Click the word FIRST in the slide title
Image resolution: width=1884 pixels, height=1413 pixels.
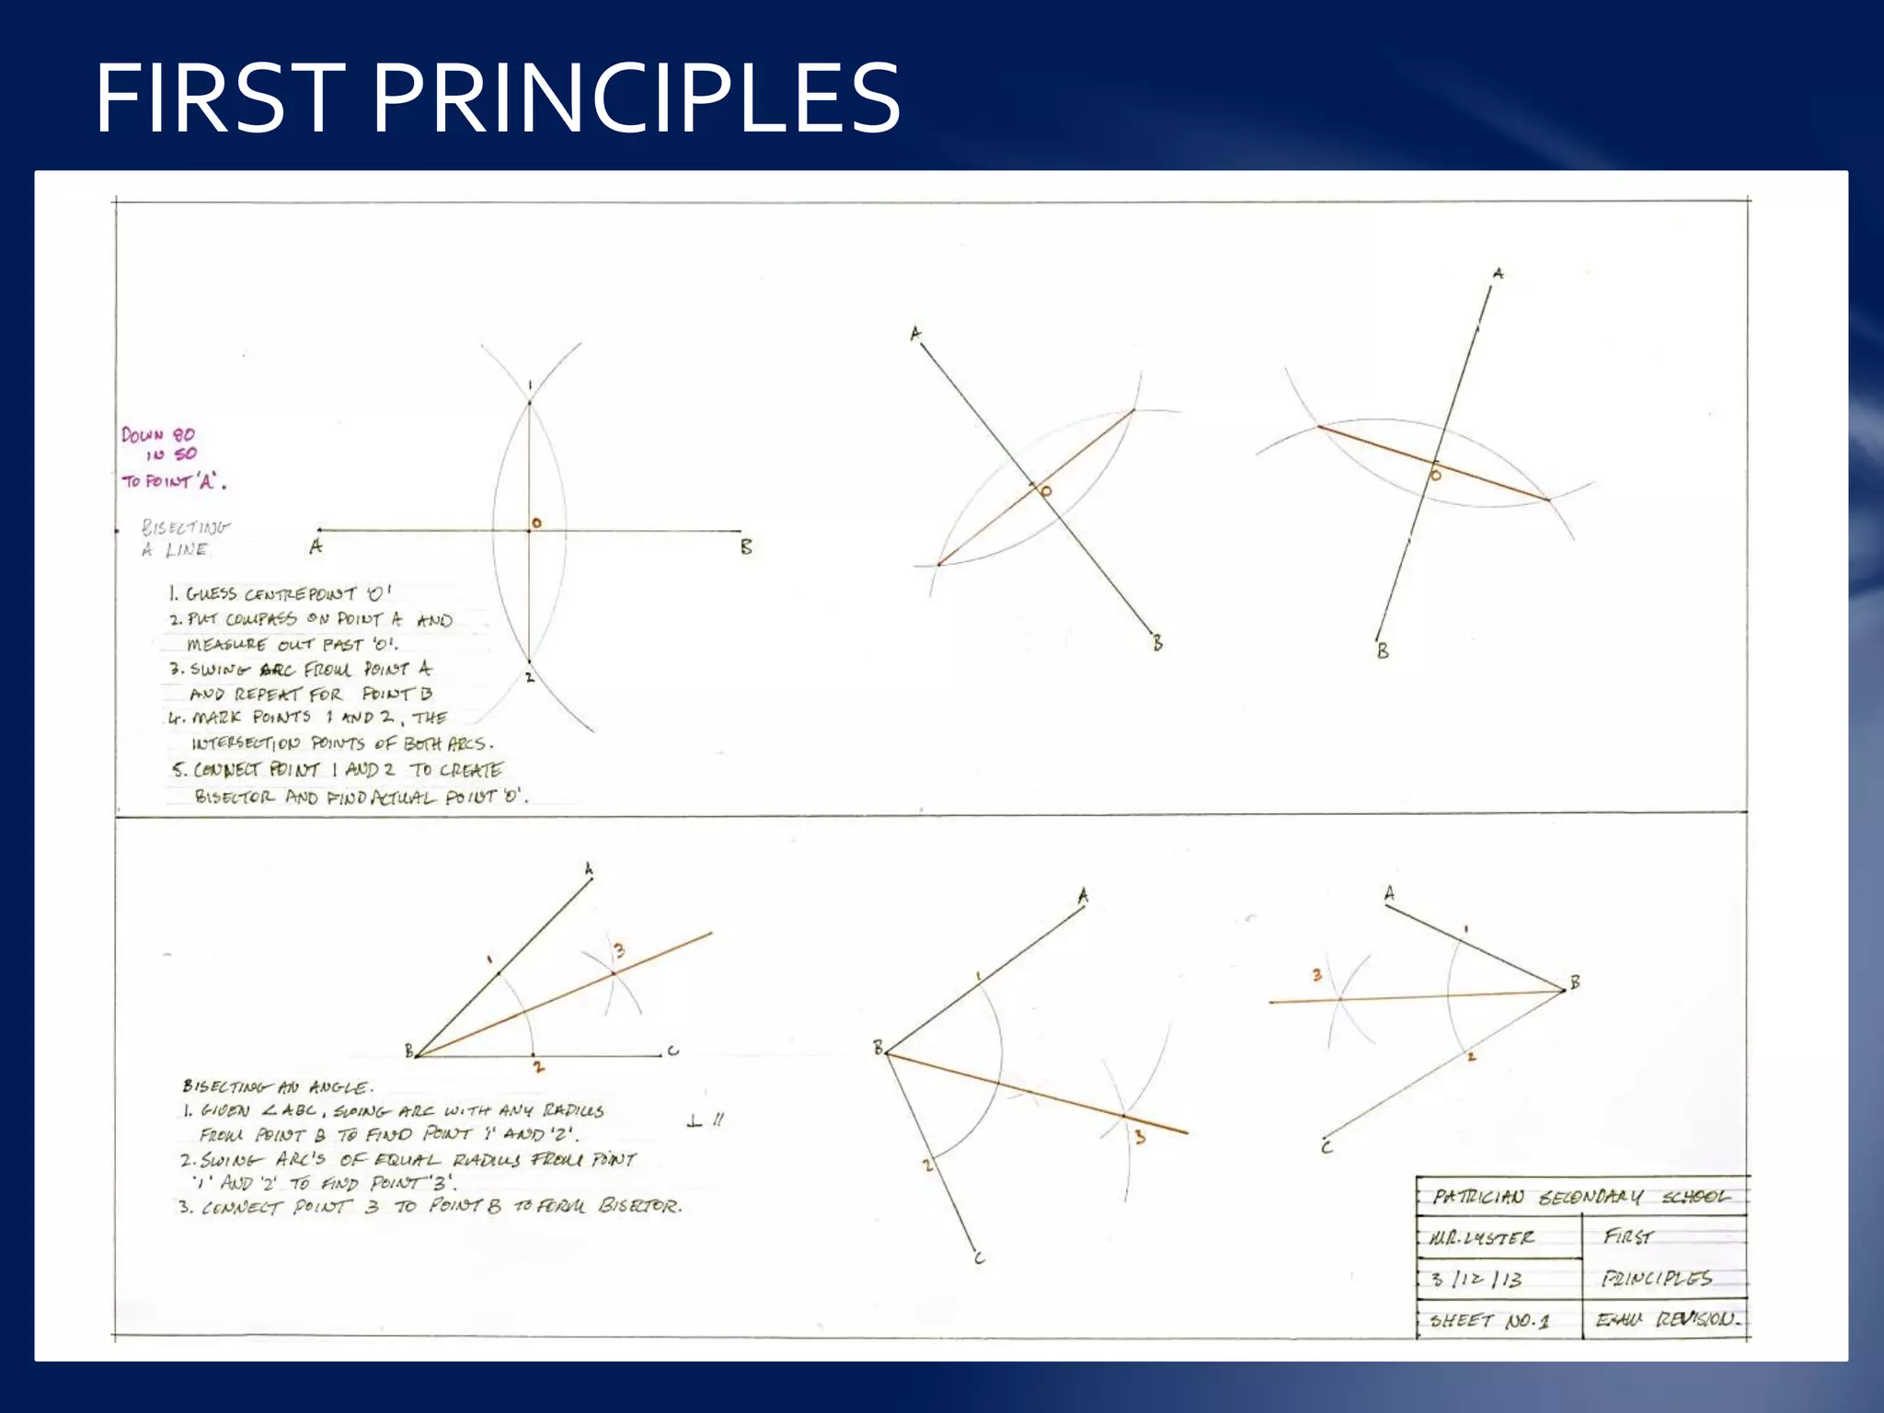pyautogui.click(x=221, y=98)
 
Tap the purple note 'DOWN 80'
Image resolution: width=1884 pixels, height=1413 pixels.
pyautogui.click(x=158, y=435)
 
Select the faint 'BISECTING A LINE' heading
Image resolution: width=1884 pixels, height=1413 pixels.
pyautogui.click(x=184, y=538)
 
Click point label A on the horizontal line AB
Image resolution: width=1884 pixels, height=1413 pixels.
pyautogui.click(x=316, y=547)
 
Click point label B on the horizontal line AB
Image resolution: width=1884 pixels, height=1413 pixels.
pyautogui.click(x=746, y=547)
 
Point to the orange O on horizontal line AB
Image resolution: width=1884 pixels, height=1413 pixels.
pyautogui.click(x=536, y=523)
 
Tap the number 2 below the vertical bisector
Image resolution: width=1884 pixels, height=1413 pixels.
pyautogui.click(x=530, y=678)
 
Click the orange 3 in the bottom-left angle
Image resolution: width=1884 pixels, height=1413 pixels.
pyautogui.click(x=619, y=949)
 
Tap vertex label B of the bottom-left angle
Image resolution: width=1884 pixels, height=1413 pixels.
pyautogui.click(x=409, y=1051)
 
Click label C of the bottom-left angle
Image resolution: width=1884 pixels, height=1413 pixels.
pyautogui.click(x=673, y=1051)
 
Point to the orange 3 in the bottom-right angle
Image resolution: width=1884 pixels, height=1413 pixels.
pyautogui.click(x=1317, y=974)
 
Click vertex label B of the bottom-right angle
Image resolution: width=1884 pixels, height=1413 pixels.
pyautogui.click(x=1575, y=982)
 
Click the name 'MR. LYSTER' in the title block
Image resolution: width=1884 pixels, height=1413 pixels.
pyautogui.click(x=1482, y=1238)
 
